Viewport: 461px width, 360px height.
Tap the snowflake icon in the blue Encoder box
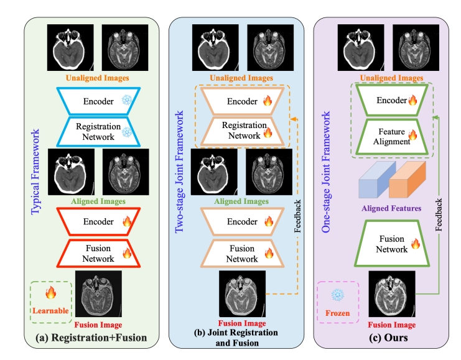pyautogui.click(x=127, y=100)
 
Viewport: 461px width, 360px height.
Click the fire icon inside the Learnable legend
pyautogui.click(x=51, y=291)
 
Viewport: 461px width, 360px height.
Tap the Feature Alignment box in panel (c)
pyautogui.click(x=392, y=136)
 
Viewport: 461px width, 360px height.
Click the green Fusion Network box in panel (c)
pyautogui.click(x=392, y=244)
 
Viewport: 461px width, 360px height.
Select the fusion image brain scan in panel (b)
pyautogui.click(x=242, y=294)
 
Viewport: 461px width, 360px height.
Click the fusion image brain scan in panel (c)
pyautogui.click(x=392, y=294)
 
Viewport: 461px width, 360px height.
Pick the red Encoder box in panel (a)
pyautogui.click(x=98, y=222)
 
